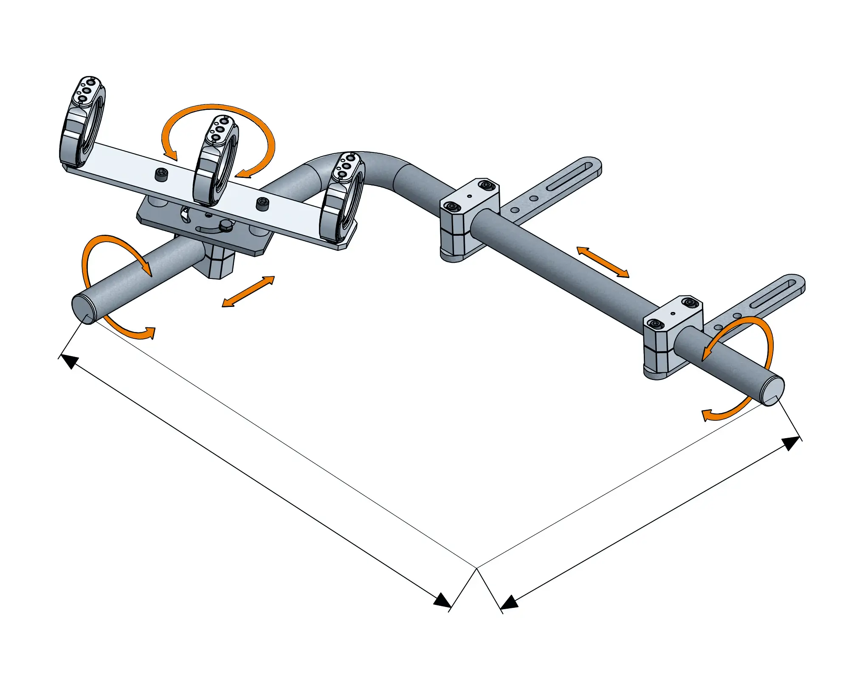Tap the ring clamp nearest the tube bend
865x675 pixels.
(342, 200)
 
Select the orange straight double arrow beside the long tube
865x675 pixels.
(603, 262)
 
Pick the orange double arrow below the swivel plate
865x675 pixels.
(248, 291)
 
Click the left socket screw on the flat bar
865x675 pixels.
(161, 174)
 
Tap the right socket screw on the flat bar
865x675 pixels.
(262, 204)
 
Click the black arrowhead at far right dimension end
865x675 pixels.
(791, 443)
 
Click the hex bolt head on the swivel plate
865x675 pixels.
(225, 225)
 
